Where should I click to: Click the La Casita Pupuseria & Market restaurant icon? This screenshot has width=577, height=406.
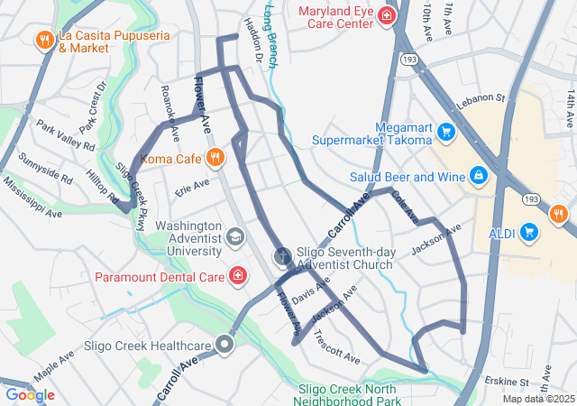tap(43, 40)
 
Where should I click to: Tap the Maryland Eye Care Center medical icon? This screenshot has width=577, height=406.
tap(387, 15)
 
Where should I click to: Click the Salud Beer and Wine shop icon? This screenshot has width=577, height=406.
tap(479, 174)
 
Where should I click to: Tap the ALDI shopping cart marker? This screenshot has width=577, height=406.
tap(529, 234)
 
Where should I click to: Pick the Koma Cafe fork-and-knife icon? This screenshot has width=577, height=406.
tap(215, 160)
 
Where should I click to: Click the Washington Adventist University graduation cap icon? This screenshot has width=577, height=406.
tap(235, 238)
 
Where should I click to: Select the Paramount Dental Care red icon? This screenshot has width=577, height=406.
tap(238, 275)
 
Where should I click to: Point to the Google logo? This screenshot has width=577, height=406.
tap(30, 394)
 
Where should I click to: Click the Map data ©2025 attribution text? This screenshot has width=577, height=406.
tap(538, 399)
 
